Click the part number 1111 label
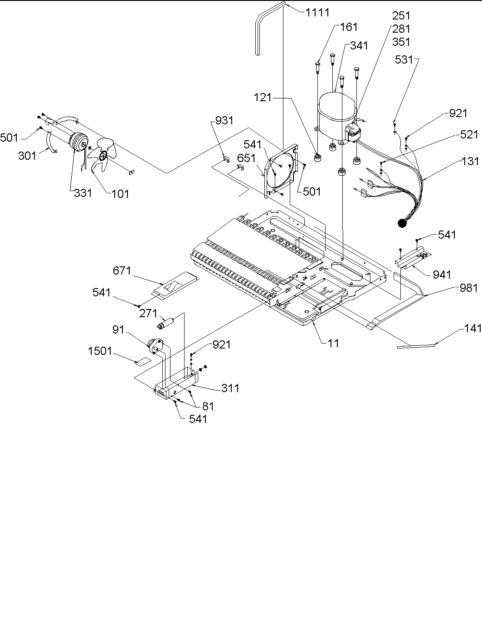click(x=317, y=12)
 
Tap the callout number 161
click(x=349, y=27)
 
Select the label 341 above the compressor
click(x=359, y=46)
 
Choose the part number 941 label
click(x=442, y=274)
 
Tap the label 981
click(x=468, y=287)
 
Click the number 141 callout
click(x=472, y=329)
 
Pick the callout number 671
click(x=122, y=271)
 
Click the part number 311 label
click(x=230, y=388)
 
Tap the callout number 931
click(x=224, y=120)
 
